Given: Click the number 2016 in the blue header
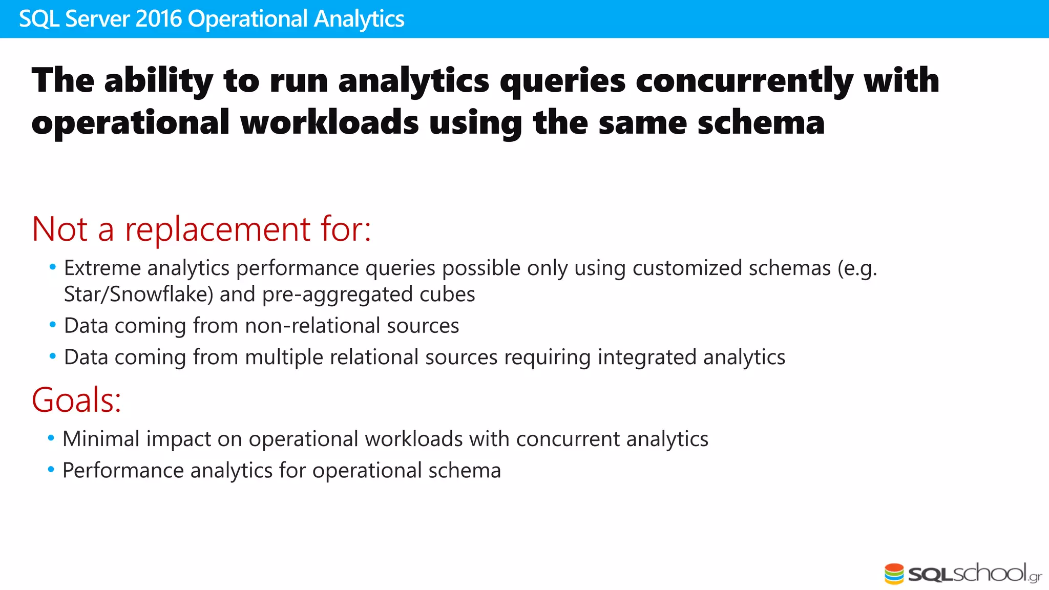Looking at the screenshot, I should [159, 19].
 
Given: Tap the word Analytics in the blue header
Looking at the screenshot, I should [359, 19].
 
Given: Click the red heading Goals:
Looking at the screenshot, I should [76, 400].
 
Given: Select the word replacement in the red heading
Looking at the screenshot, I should [218, 229].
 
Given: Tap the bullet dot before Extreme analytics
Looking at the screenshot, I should [52, 267].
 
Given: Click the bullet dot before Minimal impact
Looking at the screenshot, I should [51, 438].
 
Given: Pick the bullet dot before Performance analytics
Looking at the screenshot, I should [51, 470].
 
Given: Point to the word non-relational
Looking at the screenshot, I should [312, 326].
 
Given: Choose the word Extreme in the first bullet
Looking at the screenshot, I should [102, 268].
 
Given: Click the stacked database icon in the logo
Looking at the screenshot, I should [894, 574].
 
